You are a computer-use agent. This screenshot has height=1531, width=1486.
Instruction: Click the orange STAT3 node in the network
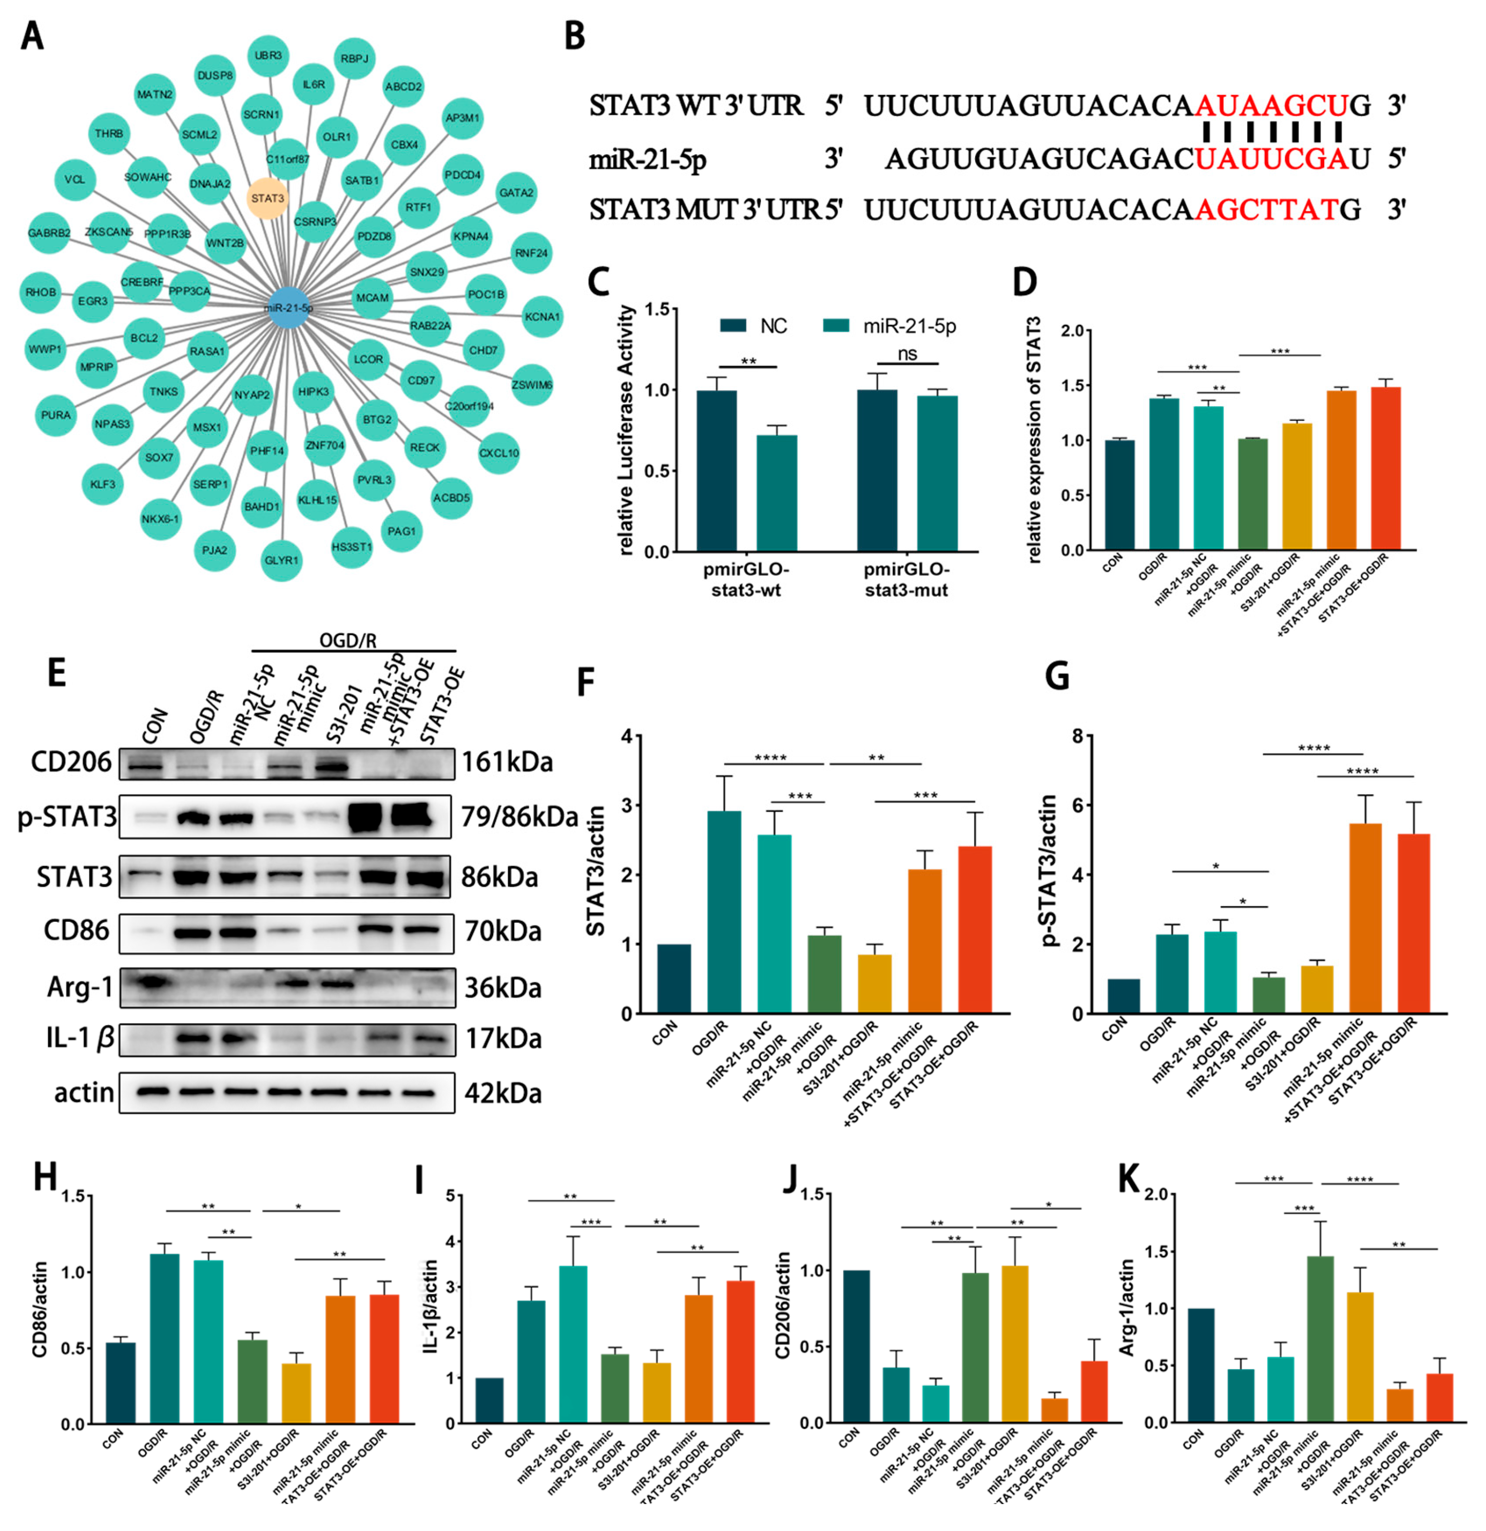(x=267, y=198)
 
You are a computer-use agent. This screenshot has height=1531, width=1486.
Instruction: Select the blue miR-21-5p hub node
(x=289, y=308)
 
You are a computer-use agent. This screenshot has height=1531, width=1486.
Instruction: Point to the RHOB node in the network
(x=40, y=292)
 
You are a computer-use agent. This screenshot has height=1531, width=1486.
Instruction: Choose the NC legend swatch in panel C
(x=734, y=326)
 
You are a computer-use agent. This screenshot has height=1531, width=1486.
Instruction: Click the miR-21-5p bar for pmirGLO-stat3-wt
(x=777, y=493)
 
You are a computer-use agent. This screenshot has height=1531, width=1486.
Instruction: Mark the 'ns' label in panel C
(x=906, y=354)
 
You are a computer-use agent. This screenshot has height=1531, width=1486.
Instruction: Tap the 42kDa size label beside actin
(x=503, y=1093)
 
